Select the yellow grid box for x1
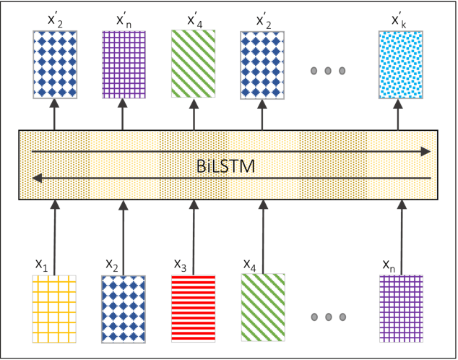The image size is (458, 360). click(x=54, y=307)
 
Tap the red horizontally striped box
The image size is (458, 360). click(x=194, y=307)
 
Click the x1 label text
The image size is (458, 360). click(x=43, y=264)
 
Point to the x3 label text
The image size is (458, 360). click(x=181, y=264)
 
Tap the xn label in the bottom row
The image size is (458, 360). click(x=390, y=264)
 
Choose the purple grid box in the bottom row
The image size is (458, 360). click(x=402, y=307)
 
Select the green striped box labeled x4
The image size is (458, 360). click(x=263, y=307)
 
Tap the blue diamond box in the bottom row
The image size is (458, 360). click(x=124, y=307)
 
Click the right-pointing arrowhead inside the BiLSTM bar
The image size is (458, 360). click(x=426, y=151)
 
